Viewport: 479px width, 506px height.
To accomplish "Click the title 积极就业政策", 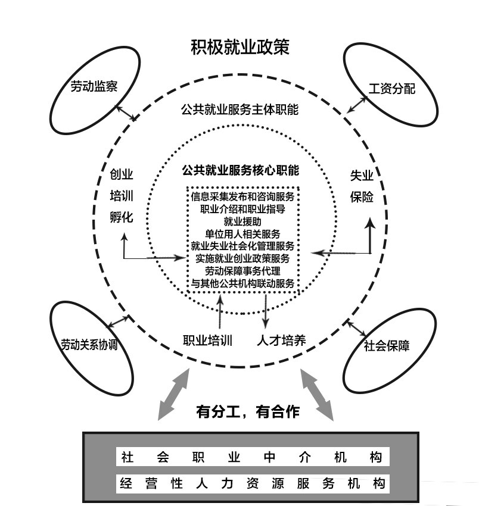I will pyautogui.click(x=240, y=47).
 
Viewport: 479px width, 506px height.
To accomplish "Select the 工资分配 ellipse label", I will pyautogui.click(x=391, y=89).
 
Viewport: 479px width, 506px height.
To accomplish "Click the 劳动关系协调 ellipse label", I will pyautogui.click(x=89, y=345).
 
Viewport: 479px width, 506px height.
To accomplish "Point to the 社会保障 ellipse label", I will pyautogui.click(x=387, y=346).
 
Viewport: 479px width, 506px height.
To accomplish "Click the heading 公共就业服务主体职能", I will pyautogui.click(x=240, y=110).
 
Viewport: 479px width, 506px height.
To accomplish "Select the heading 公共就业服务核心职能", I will pyautogui.click(x=240, y=170).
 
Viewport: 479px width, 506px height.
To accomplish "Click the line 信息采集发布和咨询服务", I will pyautogui.click(x=242, y=196).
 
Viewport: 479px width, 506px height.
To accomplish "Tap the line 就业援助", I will pyautogui.click(x=242, y=221).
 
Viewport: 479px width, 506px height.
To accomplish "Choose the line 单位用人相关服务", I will pyautogui.click(x=242, y=233).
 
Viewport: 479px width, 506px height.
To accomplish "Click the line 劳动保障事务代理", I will pyautogui.click(x=242, y=271).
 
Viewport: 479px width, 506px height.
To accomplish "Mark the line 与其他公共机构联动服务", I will pyautogui.click(x=242, y=283).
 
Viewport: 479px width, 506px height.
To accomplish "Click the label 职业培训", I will pyautogui.click(x=207, y=341).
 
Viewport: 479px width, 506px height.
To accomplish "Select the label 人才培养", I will pyautogui.click(x=281, y=341).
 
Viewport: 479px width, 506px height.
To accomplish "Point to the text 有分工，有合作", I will pyautogui.click(x=247, y=411).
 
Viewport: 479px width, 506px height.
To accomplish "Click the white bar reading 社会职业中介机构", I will pyautogui.click(x=252, y=457).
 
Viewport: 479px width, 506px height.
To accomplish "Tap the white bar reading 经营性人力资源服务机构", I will pyautogui.click(x=252, y=483).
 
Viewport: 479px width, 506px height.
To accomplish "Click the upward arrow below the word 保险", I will pyautogui.click(x=370, y=235).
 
